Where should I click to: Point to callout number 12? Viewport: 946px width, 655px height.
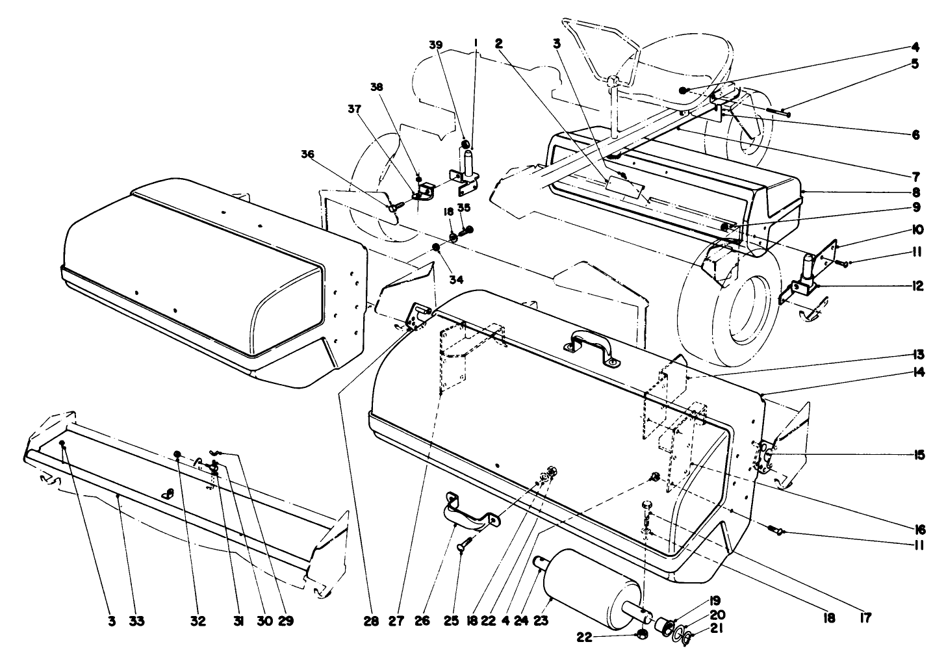(x=917, y=285)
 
